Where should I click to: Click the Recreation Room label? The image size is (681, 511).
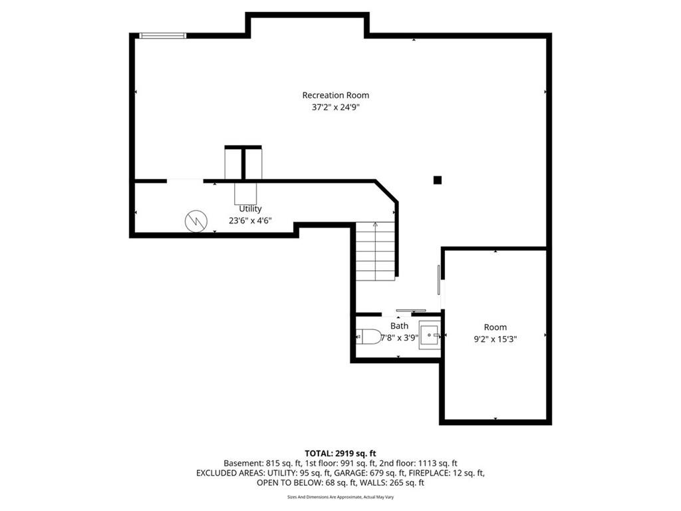point(336,95)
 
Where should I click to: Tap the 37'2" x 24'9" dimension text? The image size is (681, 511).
point(336,107)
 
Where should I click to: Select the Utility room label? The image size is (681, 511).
point(250,209)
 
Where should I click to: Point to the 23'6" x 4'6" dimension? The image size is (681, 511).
point(250,221)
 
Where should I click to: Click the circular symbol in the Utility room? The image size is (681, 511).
point(196,221)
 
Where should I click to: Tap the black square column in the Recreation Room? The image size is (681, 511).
point(438,180)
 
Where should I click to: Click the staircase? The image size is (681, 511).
point(376,251)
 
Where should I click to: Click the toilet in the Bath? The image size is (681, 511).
point(368,336)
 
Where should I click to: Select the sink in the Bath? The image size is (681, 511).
point(430,335)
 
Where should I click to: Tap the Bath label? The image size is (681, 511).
point(399,326)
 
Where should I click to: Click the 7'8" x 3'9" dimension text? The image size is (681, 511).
point(400,337)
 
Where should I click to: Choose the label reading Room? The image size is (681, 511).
point(495,327)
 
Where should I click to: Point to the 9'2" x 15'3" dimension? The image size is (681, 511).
point(495,339)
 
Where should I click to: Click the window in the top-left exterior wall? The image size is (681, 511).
point(163,36)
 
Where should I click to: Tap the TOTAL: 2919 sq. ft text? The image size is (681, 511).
point(340,454)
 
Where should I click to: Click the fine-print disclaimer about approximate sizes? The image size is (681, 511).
point(340,496)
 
